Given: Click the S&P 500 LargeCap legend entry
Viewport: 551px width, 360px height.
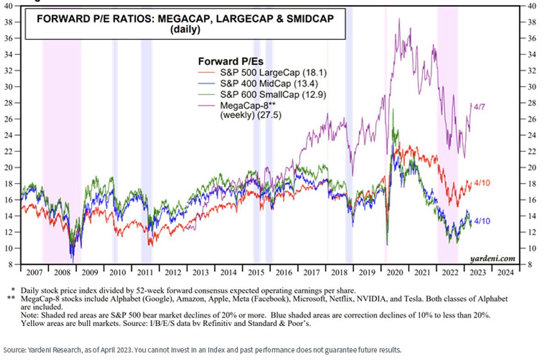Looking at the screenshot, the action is (x=262, y=73).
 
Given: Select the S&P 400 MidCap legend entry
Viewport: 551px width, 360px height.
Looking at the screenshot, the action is (x=258, y=84).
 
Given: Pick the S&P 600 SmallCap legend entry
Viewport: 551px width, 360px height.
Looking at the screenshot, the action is (x=262, y=95).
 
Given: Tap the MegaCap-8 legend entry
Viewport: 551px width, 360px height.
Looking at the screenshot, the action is (x=240, y=110).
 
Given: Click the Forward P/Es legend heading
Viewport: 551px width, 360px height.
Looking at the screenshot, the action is (x=231, y=61).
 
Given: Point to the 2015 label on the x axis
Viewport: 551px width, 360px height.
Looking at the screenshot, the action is (x=256, y=273).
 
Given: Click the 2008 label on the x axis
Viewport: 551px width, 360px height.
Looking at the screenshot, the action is (x=62, y=273).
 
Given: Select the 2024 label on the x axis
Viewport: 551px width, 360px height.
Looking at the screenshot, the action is (x=506, y=273).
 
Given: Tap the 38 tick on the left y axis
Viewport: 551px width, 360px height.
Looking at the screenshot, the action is (x=9, y=22).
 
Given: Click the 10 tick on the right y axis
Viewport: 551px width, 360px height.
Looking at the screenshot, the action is (x=532, y=248).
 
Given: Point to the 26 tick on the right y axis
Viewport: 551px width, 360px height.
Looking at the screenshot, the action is (x=532, y=119).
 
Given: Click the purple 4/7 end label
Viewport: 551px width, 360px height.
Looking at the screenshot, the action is (x=479, y=107).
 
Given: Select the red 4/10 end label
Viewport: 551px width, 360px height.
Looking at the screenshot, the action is (x=482, y=183).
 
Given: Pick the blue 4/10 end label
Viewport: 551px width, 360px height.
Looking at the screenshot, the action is (x=482, y=221).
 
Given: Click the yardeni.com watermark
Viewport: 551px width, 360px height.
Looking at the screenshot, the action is (x=493, y=259).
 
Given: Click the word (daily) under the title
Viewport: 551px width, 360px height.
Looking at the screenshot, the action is (x=185, y=29).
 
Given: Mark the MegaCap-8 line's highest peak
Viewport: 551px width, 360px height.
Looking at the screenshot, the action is (x=399, y=18).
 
